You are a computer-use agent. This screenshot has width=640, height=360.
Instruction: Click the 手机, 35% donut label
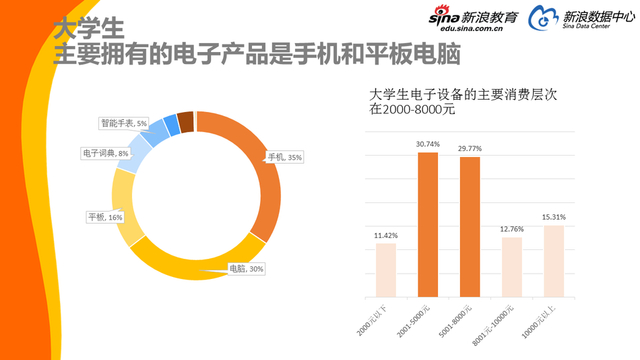[x=281, y=157]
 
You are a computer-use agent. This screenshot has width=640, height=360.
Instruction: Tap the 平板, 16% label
[x=105, y=217]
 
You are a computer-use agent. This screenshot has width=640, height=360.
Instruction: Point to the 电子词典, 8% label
[x=105, y=153]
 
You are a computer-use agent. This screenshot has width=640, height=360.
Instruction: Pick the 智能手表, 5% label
[x=123, y=123]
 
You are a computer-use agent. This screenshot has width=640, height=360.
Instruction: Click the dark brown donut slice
[x=185, y=121]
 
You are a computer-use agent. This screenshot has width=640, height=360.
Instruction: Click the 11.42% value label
[x=385, y=235]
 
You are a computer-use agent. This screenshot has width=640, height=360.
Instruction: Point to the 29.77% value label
[x=469, y=149]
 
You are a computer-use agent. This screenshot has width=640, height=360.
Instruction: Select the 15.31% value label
[x=553, y=217]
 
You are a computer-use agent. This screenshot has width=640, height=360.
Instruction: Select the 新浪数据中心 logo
[x=582, y=19]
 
